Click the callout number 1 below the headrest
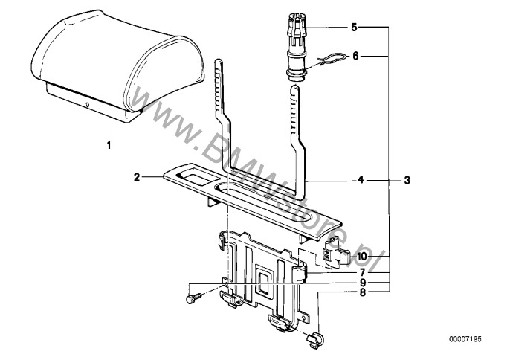109,145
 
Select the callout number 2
137,177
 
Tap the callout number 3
407,180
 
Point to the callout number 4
361,179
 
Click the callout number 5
354,28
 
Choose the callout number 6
355,56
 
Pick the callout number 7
363,272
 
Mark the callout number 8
363,292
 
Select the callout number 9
363,282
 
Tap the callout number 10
361,257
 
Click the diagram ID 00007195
465,339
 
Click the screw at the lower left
193,298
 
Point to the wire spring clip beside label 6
328,60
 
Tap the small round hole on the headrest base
87,105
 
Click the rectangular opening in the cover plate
194,179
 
